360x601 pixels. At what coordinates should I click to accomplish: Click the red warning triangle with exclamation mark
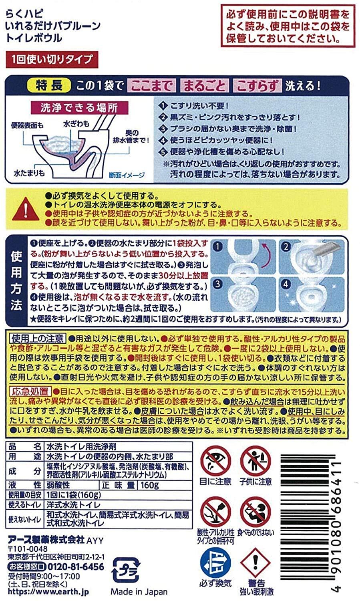tap(26, 209)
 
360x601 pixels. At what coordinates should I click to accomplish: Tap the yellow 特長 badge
tap(49, 86)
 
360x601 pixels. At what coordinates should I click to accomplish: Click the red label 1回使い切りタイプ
tap(52, 60)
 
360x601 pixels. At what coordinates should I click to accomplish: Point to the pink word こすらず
tap(257, 86)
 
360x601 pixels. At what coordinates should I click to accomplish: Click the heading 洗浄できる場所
tap(79, 108)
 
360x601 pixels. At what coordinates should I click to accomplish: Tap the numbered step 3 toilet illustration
tap(243, 294)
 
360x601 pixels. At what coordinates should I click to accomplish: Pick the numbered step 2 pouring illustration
tap(312, 257)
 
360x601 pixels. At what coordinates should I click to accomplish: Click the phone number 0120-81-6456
tap(76, 567)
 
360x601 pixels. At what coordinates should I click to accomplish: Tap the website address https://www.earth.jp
tap(48, 592)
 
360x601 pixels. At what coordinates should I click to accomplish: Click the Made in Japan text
tap(139, 592)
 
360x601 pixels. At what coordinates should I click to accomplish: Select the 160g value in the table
tap(149, 485)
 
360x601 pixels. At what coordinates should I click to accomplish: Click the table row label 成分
tap(24, 471)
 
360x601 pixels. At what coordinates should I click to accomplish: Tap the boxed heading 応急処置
tap(30, 392)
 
